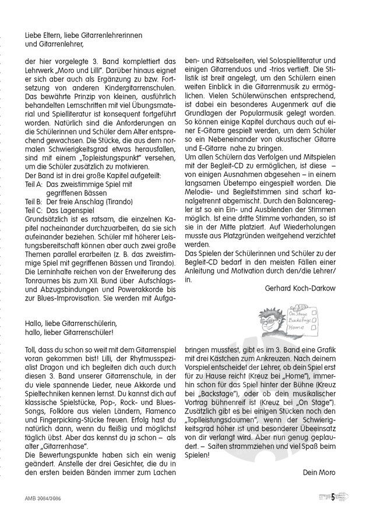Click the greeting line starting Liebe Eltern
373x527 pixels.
[84, 35]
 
